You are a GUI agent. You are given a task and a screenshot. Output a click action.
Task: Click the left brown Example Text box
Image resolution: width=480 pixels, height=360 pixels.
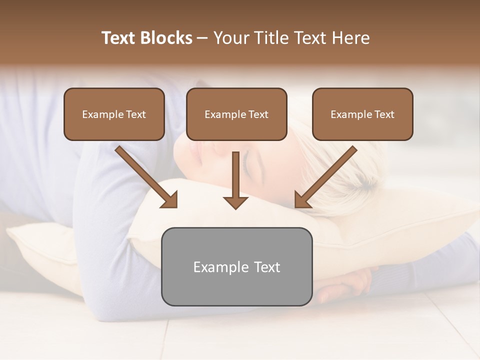point(114,114)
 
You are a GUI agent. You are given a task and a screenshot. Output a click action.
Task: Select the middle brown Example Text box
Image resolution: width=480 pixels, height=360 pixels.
point(236,114)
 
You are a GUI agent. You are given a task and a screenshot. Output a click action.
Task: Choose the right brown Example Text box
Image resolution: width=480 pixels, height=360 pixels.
point(362,114)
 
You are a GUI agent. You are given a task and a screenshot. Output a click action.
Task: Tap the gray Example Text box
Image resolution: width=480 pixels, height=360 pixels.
point(236,266)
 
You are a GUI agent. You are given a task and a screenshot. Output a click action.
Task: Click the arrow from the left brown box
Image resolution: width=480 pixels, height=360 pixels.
point(145,175)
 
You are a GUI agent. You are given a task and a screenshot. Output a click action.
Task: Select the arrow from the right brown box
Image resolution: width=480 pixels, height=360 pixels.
point(327,175)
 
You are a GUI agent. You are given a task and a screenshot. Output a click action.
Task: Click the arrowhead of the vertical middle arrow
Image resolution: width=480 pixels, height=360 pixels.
point(235,202)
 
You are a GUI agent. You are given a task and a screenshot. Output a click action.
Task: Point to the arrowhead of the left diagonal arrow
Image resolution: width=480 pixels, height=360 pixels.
point(170,200)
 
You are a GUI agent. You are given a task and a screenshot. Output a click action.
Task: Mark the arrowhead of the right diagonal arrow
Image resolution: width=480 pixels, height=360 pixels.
point(301,200)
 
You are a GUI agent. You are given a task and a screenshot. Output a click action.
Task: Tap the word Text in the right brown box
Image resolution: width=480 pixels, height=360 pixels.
point(384,114)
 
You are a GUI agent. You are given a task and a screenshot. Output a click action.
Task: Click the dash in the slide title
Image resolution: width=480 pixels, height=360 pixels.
point(202,38)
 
